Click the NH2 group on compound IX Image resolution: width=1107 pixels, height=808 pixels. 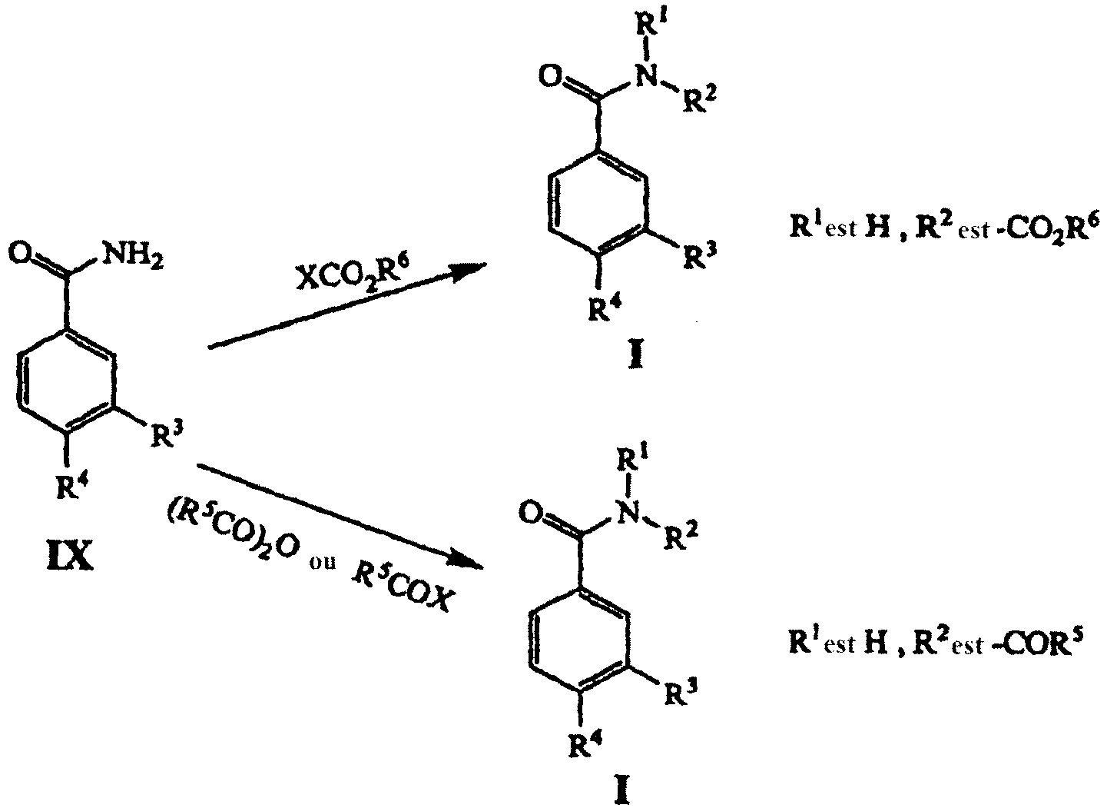tap(130, 256)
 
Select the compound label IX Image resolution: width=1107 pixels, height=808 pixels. tap(70, 559)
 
